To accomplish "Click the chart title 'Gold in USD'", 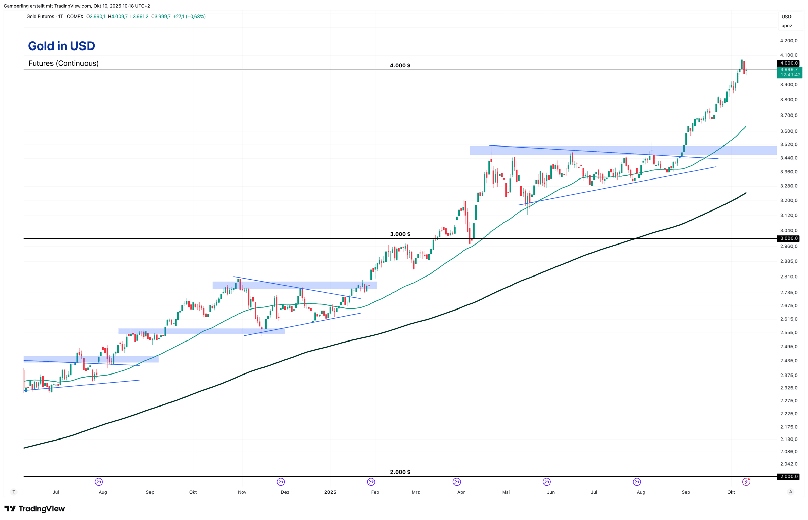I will pos(61,46).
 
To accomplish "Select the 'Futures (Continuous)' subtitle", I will pos(63,63).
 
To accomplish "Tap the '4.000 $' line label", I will pos(400,66).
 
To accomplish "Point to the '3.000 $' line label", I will pos(400,234).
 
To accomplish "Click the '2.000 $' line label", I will pos(400,472).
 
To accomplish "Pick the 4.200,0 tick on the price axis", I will pos(788,41).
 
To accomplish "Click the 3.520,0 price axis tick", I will pos(788,144).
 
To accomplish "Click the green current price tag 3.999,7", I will pos(789,70).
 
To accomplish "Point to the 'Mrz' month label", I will pos(416,492).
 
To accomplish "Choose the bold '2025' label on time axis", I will pos(330,492).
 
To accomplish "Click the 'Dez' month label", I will pos(285,492).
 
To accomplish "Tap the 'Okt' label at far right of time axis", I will pos(731,492).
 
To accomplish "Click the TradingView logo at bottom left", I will pos(34,509).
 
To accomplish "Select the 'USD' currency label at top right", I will pos(786,17).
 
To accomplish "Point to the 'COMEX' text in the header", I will pos(75,17).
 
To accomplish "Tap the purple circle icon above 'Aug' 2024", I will pos(99,482).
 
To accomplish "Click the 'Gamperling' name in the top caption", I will pos(15,6).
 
